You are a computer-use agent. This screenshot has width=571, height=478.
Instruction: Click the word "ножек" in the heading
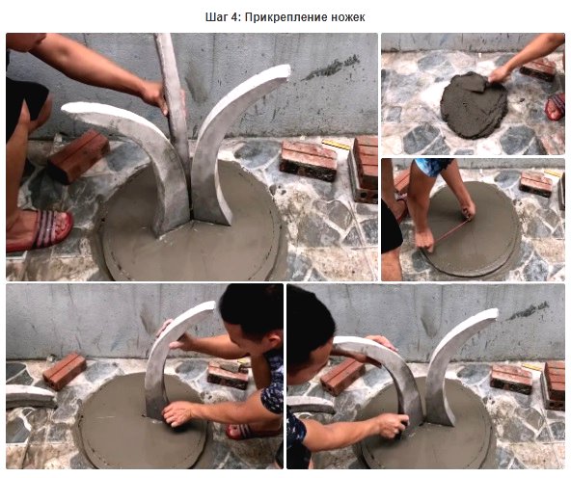click(x=348, y=17)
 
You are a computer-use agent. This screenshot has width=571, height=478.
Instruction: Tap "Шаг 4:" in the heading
click(x=223, y=17)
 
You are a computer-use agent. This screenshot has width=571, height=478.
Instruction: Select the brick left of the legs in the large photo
click(x=79, y=156)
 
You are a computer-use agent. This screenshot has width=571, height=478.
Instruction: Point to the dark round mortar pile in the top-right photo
click(x=474, y=105)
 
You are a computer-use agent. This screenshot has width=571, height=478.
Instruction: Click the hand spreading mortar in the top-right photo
click(x=499, y=76)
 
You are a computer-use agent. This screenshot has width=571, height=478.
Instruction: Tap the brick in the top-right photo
click(x=538, y=68)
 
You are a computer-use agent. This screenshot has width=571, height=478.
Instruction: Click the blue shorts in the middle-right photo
click(x=433, y=166)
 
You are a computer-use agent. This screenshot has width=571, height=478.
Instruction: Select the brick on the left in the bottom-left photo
click(x=65, y=371)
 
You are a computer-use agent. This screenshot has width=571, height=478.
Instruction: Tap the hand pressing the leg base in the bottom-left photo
click(x=177, y=414)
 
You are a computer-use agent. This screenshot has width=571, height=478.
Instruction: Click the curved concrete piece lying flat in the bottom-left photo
click(x=30, y=396)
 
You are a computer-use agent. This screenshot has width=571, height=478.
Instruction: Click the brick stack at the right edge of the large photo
click(x=363, y=169)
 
